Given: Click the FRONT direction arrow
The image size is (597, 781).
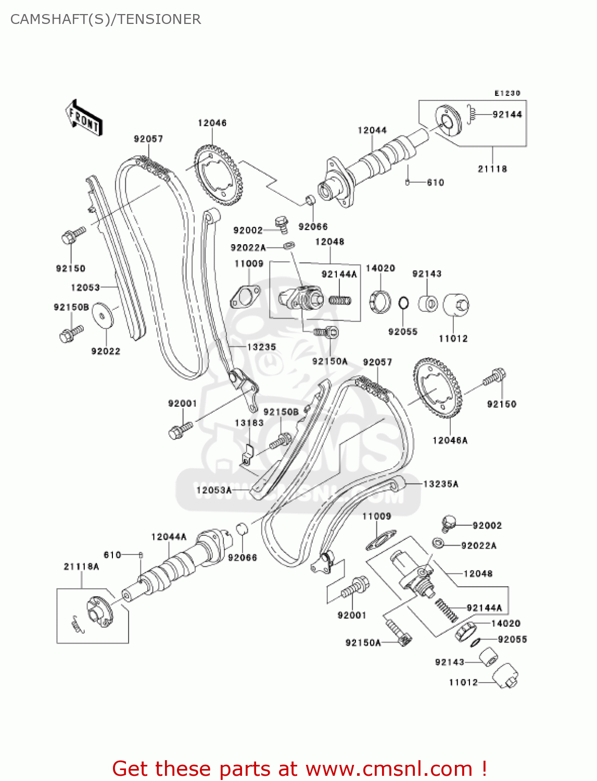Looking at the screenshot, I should click(83, 118).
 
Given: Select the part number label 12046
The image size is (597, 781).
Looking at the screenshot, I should click(212, 123).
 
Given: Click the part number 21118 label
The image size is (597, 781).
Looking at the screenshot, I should click(492, 169).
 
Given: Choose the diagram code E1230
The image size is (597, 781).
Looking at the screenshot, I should click(507, 93).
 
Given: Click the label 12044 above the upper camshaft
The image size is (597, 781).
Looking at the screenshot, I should click(372, 130).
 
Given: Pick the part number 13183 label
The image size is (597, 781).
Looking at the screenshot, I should click(249, 423).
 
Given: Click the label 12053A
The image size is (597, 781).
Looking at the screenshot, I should click(213, 490).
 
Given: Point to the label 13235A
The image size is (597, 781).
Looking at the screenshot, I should click(440, 484).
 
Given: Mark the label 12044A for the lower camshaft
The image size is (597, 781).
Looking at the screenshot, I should click(169, 537).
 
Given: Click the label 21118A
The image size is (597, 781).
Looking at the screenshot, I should click(81, 566).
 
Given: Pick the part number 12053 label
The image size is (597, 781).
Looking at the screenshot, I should click(85, 287).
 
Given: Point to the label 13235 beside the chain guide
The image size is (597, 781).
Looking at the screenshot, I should click(261, 347).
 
